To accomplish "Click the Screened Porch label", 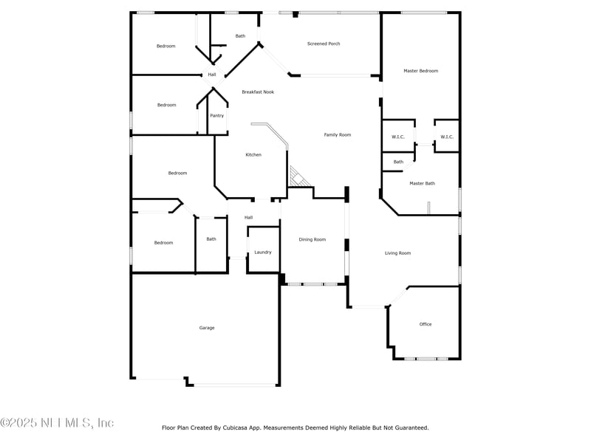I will (324, 44).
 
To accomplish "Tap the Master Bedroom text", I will (420, 71).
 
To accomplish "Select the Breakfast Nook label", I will (258, 92).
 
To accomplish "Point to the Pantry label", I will (216, 115).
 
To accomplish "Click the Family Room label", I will (338, 134).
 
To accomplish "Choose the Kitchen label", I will (253, 155).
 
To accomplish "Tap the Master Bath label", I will (423, 183).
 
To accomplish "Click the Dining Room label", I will (312, 239).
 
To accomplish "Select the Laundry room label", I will (263, 253).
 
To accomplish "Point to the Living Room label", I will (397, 253).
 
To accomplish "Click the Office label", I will (426, 324).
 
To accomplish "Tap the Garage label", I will (207, 328).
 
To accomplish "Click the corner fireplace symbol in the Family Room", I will (298, 176).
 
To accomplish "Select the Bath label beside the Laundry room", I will (211, 238).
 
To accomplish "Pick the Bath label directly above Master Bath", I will (398, 162).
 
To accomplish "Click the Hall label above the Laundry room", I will (249, 217).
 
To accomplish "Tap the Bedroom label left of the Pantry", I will (167, 105).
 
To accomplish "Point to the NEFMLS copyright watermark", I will (57, 423).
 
